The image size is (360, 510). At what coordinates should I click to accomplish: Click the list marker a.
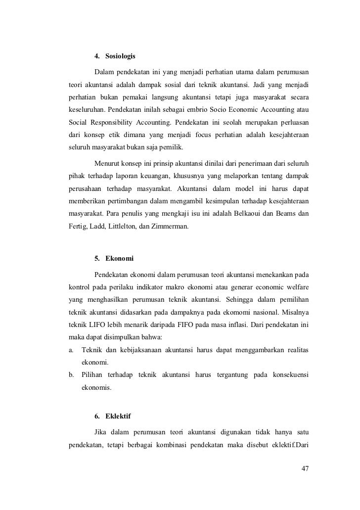click(71, 350)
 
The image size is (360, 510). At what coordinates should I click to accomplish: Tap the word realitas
click(296, 350)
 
